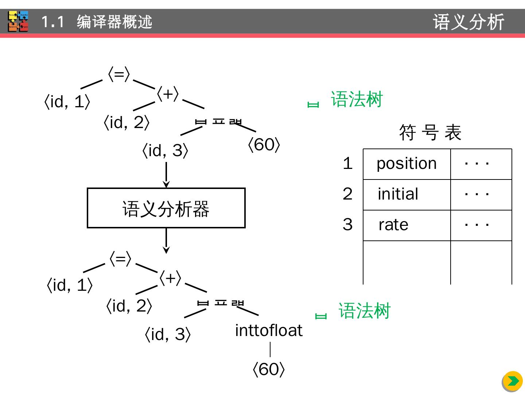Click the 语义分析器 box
[x=166, y=208]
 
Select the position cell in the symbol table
[x=407, y=164]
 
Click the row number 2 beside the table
[x=347, y=194]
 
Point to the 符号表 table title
[x=430, y=132]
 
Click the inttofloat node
[x=269, y=331]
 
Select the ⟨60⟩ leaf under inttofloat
[x=268, y=369]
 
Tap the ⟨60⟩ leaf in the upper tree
[x=264, y=145]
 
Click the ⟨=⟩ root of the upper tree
[x=119, y=74]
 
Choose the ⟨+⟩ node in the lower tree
[x=170, y=278]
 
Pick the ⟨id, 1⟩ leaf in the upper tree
[x=67, y=102]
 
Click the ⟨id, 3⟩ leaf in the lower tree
[x=168, y=334]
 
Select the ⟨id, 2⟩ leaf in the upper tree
[x=127, y=123]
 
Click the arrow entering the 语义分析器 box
[x=166, y=175]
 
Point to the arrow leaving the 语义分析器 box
[x=166, y=241]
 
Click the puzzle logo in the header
[x=18, y=21]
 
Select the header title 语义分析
[x=468, y=22]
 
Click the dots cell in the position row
[x=477, y=164]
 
